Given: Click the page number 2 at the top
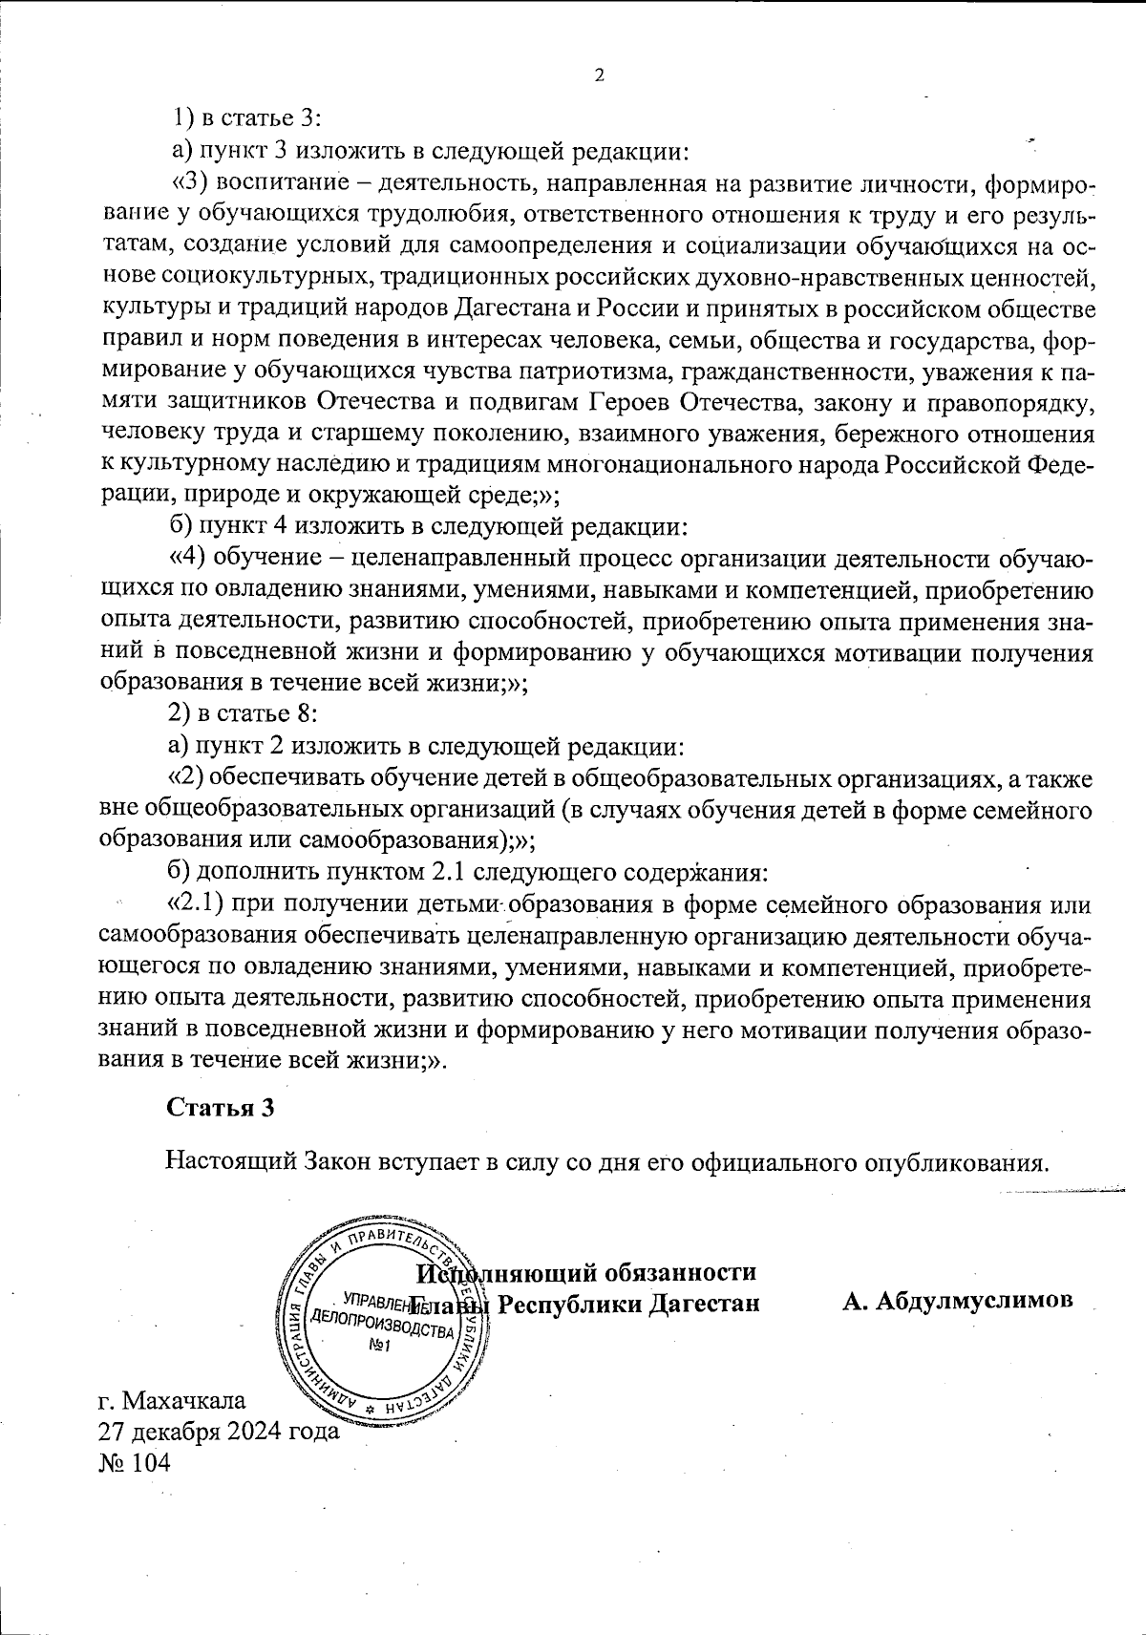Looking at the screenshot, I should [600, 76].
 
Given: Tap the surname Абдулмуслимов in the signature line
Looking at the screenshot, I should [957, 1300].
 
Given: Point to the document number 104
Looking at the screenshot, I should [153, 1462].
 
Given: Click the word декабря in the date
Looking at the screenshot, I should [173, 1432].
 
